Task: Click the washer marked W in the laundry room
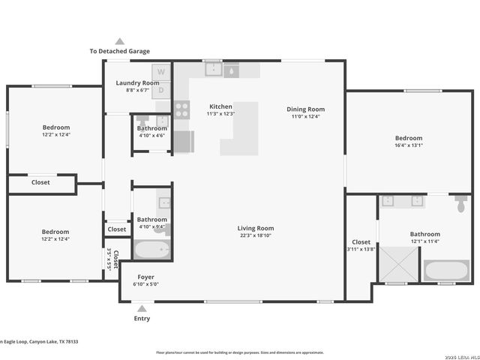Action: tap(161, 72)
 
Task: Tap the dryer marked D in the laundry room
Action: tap(161, 89)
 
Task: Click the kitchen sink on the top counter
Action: tap(213, 70)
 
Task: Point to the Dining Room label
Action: tap(305, 109)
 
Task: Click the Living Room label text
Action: tap(256, 228)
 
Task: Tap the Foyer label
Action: tap(145, 277)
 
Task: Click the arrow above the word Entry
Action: tap(142, 307)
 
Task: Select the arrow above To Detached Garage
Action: tap(119, 42)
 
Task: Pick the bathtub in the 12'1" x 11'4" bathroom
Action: tap(446, 270)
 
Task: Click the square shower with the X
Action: tap(397, 263)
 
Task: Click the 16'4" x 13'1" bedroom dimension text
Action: tap(409, 145)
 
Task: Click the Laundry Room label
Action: tap(137, 82)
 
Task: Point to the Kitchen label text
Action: tap(220, 106)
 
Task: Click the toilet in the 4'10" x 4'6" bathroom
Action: tap(142, 121)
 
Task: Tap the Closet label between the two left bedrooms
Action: tap(40, 182)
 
